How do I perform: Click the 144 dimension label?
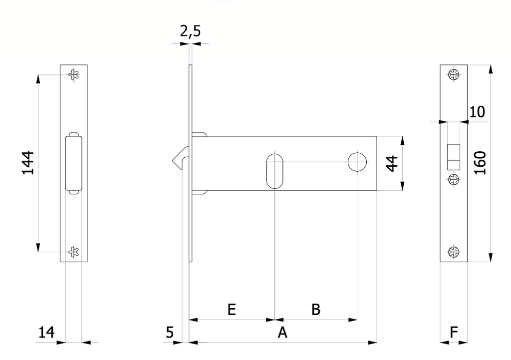pos(28,163)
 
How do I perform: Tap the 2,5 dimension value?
pos(190,31)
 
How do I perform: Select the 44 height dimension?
pos(392,163)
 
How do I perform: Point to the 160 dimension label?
pos(480,163)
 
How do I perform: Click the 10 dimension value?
pos(477,112)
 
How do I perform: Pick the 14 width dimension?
pos(46,333)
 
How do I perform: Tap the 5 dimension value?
pos(170,333)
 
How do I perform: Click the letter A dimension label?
pos(282,333)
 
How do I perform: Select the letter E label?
pos(232,310)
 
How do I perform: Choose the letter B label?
pos(316,310)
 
